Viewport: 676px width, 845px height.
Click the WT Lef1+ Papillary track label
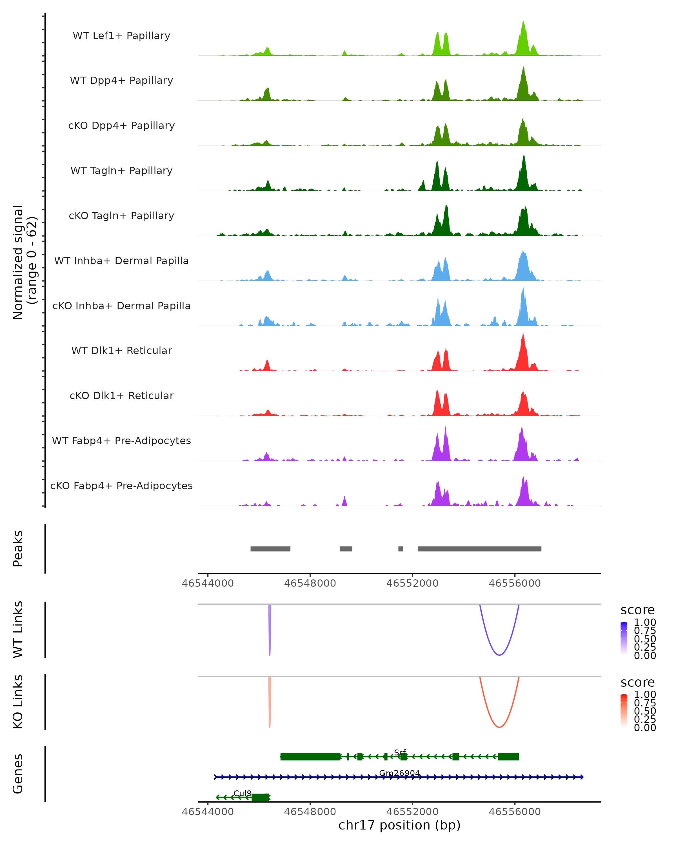click(121, 36)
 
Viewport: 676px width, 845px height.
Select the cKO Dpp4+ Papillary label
click(121, 125)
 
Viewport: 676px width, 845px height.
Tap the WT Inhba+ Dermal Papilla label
click(121, 261)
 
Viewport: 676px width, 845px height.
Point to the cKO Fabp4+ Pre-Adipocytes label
click(121, 486)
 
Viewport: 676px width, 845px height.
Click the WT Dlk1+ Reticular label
click(121, 351)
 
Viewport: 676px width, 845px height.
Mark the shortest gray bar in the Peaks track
click(401, 549)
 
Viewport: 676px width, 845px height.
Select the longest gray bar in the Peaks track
click(479, 549)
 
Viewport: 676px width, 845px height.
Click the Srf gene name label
click(400, 753)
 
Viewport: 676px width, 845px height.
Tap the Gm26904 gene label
click(399, 773)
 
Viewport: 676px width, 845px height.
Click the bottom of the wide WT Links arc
click(499, 655)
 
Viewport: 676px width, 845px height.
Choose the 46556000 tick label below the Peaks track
click(515, 583)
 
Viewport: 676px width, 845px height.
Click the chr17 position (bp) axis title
click(399, 825)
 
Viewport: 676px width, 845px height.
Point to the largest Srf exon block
click(310, 757)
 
